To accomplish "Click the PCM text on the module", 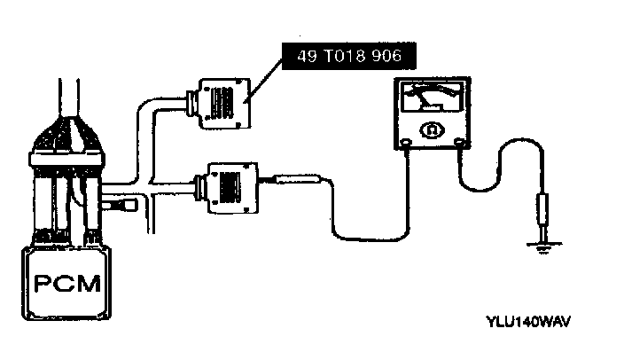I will (x=66, y=286).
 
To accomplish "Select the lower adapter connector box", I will (x=230, y=185).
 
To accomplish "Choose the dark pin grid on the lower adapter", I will (x=233, y=186).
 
